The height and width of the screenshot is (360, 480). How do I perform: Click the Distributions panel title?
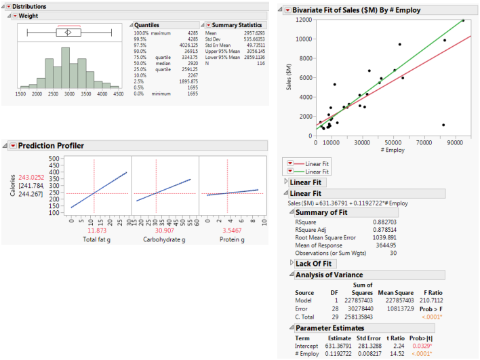point(31,6)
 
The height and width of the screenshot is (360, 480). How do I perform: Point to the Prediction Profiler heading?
point(51,146)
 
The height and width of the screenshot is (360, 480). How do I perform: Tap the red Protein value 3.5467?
point(227,231)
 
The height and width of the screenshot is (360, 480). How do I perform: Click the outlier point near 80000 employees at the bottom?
point(443,125)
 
